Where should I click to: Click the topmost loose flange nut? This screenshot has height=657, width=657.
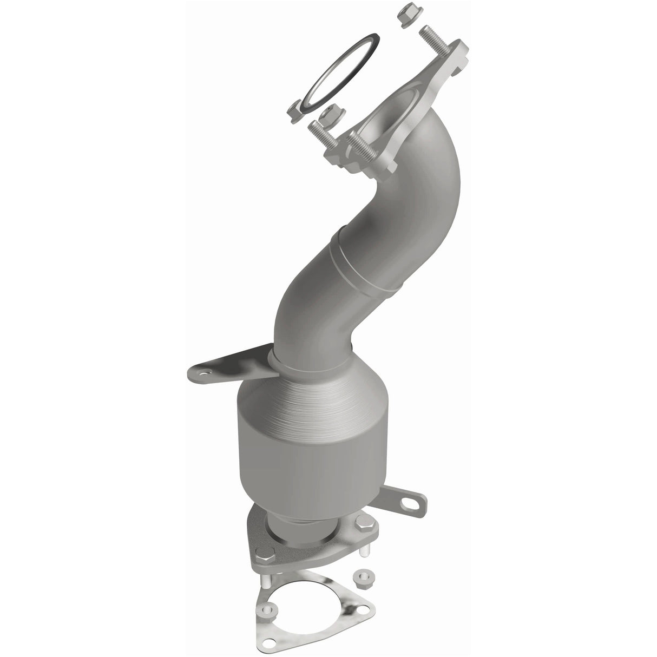click(x=405, y=15)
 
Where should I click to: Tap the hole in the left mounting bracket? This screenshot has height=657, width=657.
click(x=204, y=373)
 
